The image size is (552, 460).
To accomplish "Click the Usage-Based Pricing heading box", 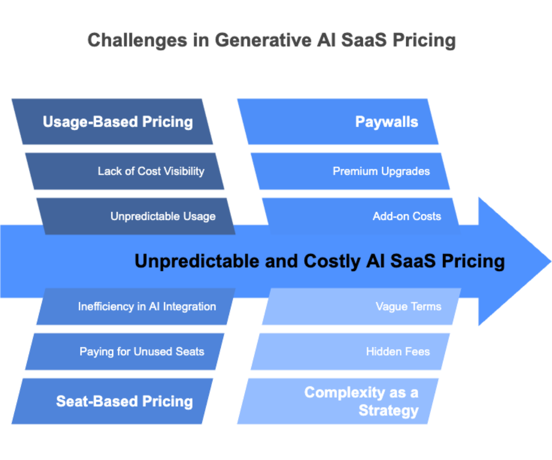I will [117, 122].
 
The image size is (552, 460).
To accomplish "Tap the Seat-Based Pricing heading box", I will [124, 401].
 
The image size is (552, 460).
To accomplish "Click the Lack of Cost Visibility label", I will [151, 172].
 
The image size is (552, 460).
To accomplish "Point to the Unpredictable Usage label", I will [163, 216].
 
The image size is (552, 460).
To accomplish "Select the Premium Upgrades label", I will [381, 172].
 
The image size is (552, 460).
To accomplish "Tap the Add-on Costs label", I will [407, 216].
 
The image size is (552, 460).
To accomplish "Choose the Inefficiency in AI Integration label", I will [147, 306].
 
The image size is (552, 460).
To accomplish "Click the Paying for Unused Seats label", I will [142, 352].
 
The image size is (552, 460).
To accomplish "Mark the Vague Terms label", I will [408, 306].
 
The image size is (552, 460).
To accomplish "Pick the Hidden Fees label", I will [398, 352].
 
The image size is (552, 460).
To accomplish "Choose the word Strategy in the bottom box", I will [388, 410].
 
